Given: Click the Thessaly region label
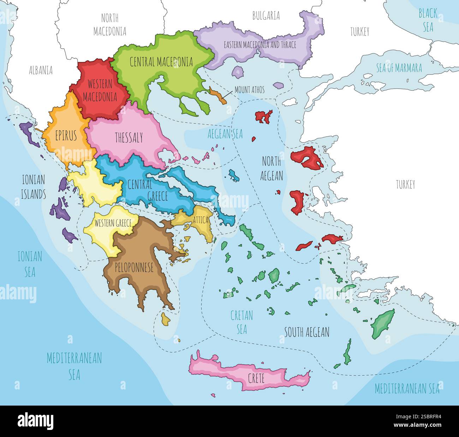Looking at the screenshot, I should [129, 138].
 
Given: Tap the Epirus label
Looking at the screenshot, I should [66, 136].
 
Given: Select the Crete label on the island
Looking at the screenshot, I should [256, 378].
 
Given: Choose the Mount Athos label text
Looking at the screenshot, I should [249, 90].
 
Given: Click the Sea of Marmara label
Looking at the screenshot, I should [399, 68].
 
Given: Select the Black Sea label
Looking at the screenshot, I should [428, 20].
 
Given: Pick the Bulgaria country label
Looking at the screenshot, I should [266, 16].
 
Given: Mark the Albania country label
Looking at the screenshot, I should [41, 70].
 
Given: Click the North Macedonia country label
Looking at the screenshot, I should [110, 25].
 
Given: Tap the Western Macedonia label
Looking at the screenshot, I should [100, 90].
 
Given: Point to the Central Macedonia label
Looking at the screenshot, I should [161, 62].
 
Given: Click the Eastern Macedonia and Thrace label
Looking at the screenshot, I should [260, 45].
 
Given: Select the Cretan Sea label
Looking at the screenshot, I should [242, 322].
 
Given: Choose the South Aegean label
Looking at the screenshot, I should [307, 332].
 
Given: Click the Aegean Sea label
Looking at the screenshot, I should [225, 134].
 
